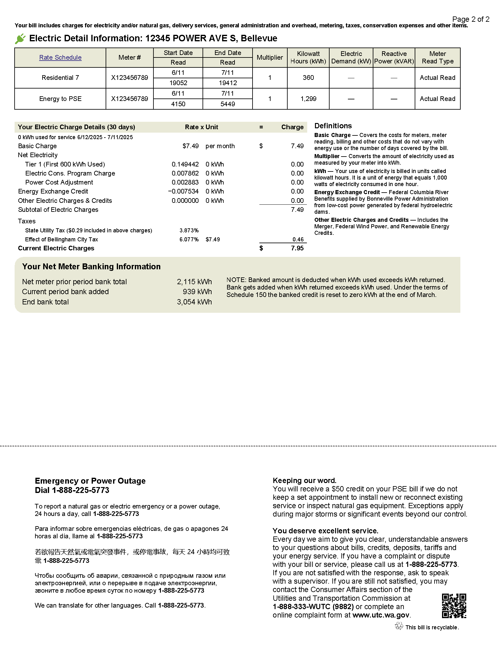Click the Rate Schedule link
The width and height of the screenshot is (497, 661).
click(60, 57)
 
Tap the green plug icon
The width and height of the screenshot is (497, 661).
click(20, 39)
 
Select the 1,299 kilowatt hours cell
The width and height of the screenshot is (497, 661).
click(308, 99)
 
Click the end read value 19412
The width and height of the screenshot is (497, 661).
click(228, 83)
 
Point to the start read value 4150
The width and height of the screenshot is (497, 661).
click(178, 104)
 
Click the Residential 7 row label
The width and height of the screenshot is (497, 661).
click(60, 78)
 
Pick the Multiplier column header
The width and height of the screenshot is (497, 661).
click(270, 57)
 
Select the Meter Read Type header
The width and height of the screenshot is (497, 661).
click(437, 57)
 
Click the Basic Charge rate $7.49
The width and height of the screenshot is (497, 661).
click(190, 146)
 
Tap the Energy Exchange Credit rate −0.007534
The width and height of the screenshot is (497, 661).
click(183, 191)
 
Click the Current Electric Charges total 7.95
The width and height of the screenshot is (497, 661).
click(297, 248)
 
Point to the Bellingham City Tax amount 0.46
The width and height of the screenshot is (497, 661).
click(298, 239)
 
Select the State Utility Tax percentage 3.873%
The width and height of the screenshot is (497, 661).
click(189, 230)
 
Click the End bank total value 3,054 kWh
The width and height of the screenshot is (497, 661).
click(194, 302)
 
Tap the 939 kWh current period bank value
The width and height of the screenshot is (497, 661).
click(197, 292)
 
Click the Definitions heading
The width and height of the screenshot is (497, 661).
click(333, 126)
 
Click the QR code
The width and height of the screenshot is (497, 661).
click(454, 606)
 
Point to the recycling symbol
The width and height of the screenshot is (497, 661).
click(399, 626)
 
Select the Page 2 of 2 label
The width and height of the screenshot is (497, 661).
click(471, 19)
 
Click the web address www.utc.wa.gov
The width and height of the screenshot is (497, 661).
click(381, 615)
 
